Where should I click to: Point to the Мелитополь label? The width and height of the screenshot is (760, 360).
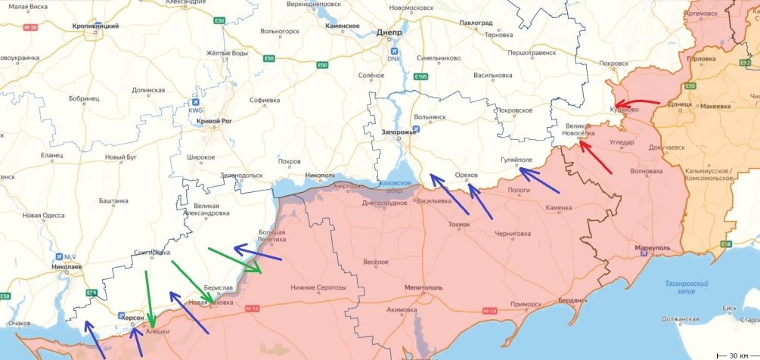(x=423, y=287)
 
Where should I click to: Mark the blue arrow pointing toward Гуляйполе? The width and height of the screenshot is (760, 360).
(x=538, y=180)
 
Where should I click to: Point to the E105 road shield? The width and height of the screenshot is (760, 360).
(x=421, y=76)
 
